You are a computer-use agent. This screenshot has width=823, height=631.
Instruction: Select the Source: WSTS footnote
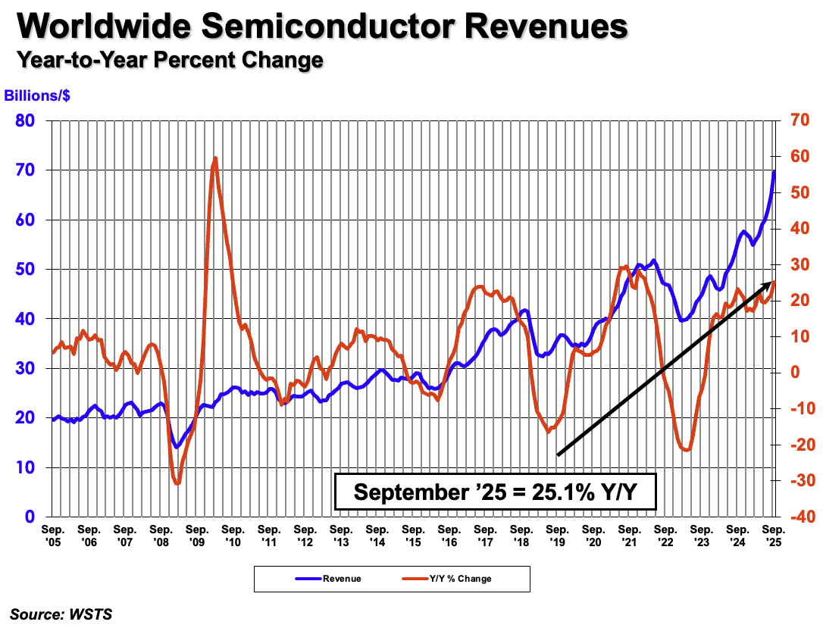(61, 614)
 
